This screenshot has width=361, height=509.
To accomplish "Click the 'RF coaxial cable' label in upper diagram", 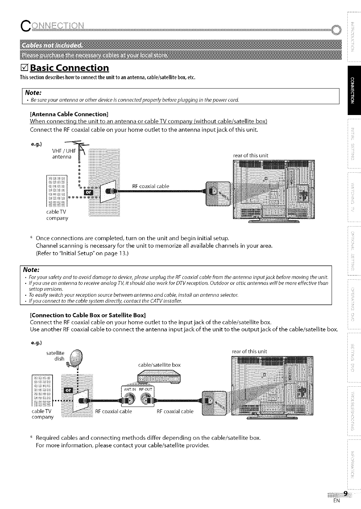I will [x=150, y=186].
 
